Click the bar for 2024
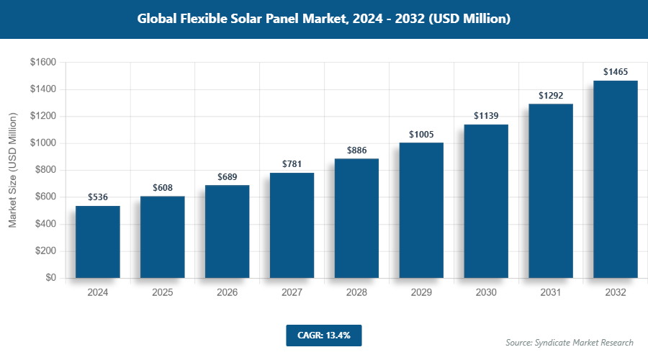97,242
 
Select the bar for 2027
292,225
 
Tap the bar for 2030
486,202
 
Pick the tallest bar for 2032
616,179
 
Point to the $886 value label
357,150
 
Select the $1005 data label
421,135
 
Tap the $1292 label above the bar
551,95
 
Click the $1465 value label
616,72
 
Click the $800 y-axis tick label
45,171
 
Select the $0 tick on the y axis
50,278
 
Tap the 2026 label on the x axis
227,293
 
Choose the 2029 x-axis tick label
421,293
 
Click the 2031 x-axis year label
551,293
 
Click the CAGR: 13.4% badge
323,335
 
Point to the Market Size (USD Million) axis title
13,170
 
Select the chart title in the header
324,19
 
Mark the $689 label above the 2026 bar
228,177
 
